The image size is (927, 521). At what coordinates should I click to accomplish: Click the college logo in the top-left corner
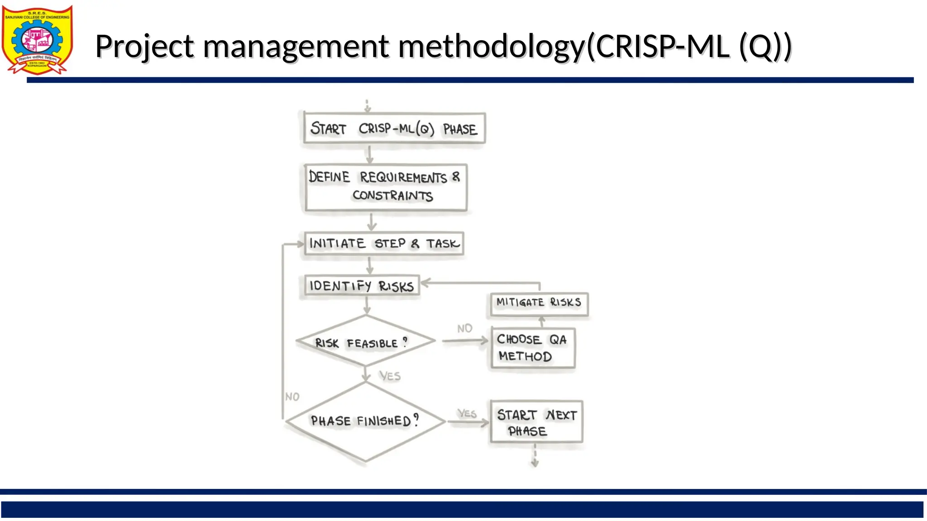coord(37,40)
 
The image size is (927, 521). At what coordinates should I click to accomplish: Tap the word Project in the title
coord(145,46)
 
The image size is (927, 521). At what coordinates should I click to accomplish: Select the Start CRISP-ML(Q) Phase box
coord(394,128)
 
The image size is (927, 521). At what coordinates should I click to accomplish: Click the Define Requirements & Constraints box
coord(386,187)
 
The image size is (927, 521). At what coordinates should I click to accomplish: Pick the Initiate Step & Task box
coord(384,244)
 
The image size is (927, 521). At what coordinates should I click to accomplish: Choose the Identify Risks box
coord(362,286)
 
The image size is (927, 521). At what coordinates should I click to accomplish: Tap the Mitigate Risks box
coord(539,303)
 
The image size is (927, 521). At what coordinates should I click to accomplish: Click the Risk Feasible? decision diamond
coord(366,341)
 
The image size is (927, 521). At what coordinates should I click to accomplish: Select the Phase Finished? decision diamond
coord(366,421)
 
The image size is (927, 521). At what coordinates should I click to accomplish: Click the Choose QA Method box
coord(533,348)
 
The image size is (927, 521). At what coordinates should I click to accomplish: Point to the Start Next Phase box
coord(536,422)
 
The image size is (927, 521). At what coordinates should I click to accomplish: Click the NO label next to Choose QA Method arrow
coord(464,328)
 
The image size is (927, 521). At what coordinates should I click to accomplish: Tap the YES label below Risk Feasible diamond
coord(390,376)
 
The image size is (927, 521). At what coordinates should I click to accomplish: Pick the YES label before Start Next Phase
coord(467,413)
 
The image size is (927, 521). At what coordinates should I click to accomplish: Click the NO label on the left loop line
coord(292,397)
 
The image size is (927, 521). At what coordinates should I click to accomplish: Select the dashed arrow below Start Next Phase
coord(535,456)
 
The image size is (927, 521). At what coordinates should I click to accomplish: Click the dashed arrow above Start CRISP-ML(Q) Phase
coord(368,106)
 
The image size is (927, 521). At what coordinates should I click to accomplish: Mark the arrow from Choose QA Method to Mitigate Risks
coord(542,322)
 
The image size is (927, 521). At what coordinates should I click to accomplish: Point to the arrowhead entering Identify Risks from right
coord(425,283)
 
